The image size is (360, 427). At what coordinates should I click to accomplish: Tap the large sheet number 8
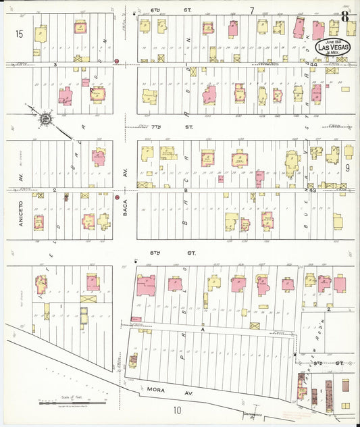click(345, 16)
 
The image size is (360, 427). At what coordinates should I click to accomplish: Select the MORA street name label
click(154, 390)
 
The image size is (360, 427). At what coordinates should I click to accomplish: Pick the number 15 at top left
click(19, 33)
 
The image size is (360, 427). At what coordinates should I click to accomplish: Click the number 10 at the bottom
click(177, 409)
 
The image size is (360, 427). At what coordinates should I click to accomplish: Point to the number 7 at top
click(251, 10)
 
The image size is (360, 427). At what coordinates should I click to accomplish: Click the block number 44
click(313, 64)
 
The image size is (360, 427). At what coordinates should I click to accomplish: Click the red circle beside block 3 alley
click(117, 61)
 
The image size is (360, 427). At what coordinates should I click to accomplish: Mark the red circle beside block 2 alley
click(117, 199)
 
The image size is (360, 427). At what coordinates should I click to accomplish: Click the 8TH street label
click(182, 253)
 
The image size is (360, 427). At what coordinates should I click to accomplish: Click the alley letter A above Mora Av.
click(202, 329)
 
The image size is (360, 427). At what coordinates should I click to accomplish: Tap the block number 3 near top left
click(54, 64)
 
